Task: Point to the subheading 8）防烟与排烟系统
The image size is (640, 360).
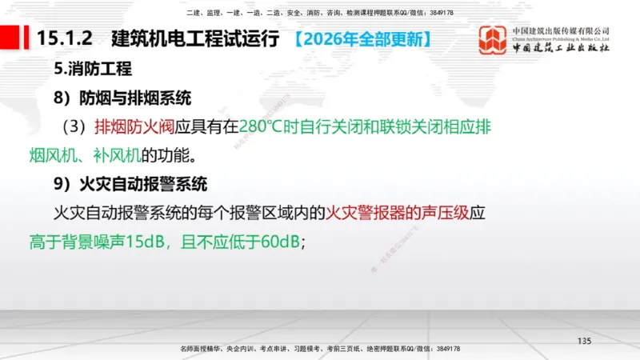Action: pyautogui.click(x=123, y=98)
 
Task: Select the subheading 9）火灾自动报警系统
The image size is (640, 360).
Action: pyautogui.click(x=131, y=184)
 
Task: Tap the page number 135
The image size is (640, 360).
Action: pyautogui.click(x=584, y=342)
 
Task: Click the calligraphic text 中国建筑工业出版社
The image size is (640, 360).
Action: pyautogui.click(x=560, y=48)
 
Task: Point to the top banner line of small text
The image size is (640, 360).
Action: pyautogui.click(x=319, y=13)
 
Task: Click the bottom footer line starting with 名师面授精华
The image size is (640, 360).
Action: pyautogui.click(x=319, y=350)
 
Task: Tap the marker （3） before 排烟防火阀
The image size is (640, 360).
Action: pyautogui.click(x=76, y=126)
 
